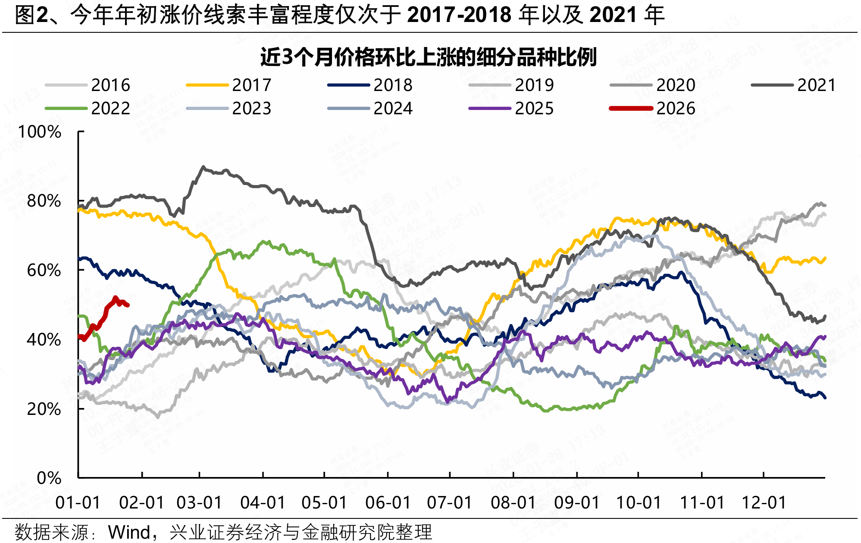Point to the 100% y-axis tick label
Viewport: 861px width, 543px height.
point(40,132)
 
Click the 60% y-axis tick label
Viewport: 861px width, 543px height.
point(44,270)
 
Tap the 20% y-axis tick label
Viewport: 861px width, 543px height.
point(44,409)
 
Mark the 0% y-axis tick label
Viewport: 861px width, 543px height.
point(49,478)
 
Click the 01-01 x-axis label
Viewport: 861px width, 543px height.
point(78,503)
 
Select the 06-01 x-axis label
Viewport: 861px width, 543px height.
point(388,503)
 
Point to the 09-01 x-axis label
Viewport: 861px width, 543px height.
point(577,503)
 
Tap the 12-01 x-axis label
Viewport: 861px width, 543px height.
point(764,503)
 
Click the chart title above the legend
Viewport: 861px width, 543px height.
point(428,57)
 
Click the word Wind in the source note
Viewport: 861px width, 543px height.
point(129,532)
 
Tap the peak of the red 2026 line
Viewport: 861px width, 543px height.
point(115,297)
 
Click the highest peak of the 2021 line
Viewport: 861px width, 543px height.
point(203,166)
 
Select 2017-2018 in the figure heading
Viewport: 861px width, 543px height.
point(459,16)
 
